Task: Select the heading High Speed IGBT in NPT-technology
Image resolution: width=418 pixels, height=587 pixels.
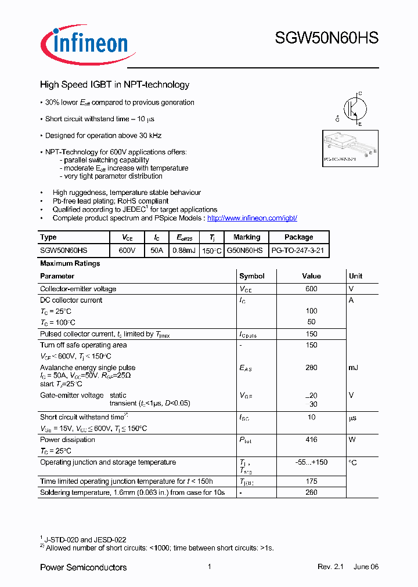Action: [114, 85]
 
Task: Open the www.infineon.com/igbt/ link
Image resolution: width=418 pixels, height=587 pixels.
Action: [252, 218]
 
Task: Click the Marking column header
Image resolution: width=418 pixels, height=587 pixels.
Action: [247, 237]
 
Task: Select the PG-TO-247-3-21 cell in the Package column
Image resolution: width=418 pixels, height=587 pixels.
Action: [298, 250]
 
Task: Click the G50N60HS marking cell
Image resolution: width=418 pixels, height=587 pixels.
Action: [247, 250]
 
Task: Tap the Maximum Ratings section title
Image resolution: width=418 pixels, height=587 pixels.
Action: [70, 263]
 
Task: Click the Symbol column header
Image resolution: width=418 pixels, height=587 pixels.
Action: [252, 276]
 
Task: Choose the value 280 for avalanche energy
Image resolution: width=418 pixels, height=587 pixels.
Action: [311, 368]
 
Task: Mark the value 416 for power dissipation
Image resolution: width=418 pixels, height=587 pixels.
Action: [311, 440]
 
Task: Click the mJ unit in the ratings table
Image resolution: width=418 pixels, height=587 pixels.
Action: [354, 368]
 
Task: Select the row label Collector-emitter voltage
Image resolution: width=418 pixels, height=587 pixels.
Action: [78, 289]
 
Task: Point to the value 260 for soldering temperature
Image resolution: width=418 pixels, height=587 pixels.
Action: [311, 492]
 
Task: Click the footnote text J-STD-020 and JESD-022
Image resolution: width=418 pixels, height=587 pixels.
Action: [86, 539]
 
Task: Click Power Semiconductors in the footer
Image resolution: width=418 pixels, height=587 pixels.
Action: [83, 567]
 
